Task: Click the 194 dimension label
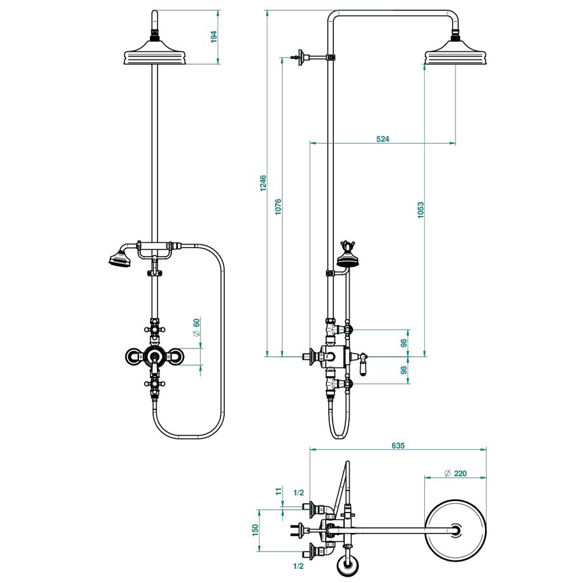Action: [214, 37]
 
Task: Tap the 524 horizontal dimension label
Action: [382, 139]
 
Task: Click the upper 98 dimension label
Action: [403, 343]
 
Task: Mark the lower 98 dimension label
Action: [403, 370]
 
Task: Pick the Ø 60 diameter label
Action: [197, 327]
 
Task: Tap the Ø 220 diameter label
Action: [456, 473]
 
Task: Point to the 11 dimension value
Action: [279, 492]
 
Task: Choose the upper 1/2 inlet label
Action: [298, 493]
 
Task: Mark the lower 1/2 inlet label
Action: [298, 566]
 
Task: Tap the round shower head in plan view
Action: [456, 530]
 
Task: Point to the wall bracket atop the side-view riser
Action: [300, 57]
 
